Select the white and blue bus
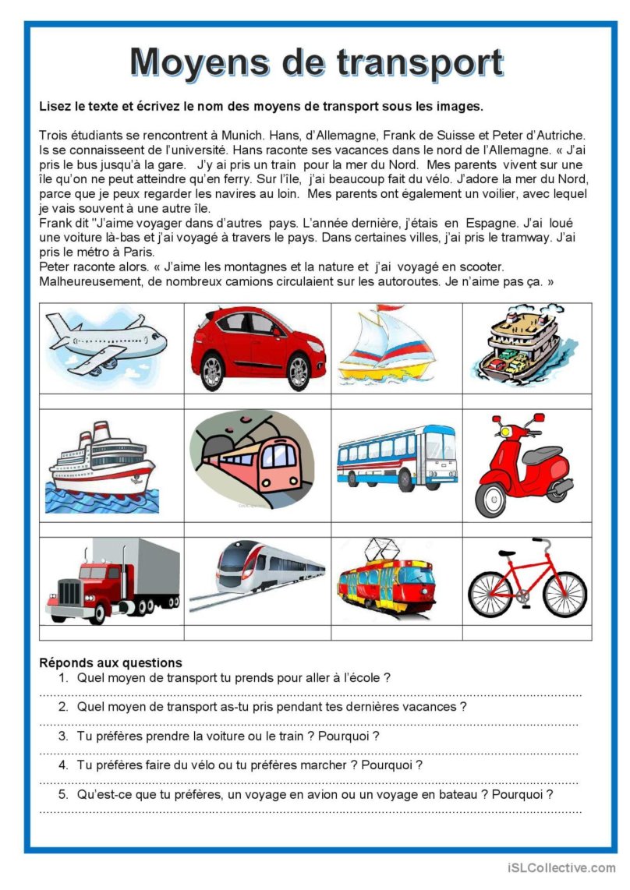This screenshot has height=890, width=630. click(396, 460)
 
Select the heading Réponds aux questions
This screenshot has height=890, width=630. click(110, 663)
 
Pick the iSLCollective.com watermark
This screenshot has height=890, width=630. click(561, 867)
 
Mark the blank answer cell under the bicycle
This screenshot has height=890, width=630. click(526, 632)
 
